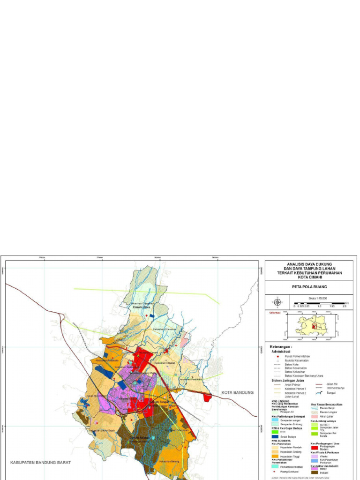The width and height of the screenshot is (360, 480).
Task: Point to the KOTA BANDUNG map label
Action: (x=237, y=392)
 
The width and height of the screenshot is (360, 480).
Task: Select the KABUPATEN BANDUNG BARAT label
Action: (x=41, y=462)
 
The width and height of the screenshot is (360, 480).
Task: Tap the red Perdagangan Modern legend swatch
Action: (x=315, y=447)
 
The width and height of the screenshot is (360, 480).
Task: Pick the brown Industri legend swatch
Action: (x=315, y=472)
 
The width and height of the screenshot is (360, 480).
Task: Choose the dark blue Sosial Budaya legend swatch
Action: (x=275, y=436)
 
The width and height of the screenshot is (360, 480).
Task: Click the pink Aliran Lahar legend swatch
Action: (x=315, y=416)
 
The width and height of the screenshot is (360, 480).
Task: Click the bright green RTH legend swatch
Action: (x=275, y=431)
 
